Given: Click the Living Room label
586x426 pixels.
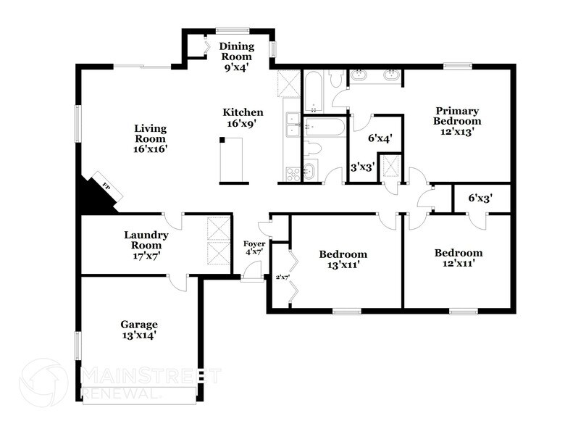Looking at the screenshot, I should click(150, 138).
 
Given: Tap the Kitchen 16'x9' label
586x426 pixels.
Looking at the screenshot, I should click(243, 118).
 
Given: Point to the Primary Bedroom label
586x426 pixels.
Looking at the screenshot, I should click(456, 121).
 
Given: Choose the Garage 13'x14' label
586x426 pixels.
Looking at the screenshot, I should click(139, 330).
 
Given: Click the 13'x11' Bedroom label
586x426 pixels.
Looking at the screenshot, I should click(343, 259).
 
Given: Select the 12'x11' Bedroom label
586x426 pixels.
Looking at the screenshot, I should click(458, 258).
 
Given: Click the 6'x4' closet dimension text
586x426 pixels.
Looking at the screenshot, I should click(380, 138).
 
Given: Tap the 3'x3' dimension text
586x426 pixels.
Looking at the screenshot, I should click(362, 167).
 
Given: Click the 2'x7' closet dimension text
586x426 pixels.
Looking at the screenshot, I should click(282, 277).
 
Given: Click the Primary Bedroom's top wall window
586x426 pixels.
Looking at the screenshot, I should click(458, 67).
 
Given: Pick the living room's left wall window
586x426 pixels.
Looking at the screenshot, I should click(78, 124).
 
